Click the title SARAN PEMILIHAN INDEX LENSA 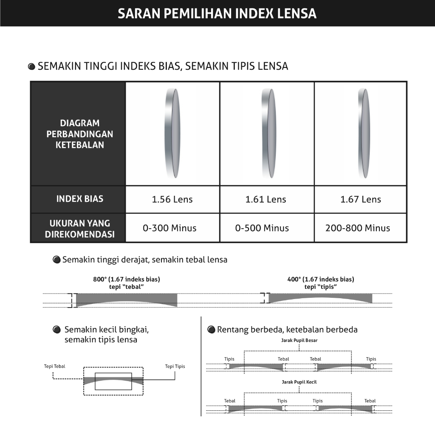217,13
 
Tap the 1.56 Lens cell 172,199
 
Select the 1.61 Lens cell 266,199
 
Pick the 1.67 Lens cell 361,199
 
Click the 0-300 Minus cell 169,228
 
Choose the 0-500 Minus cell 262,228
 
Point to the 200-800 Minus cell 358,228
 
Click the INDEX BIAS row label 80,199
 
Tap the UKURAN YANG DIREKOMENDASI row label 80,229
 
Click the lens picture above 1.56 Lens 172,133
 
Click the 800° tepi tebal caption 127,282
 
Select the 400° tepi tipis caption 321,282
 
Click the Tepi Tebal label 55,366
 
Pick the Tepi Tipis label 175,366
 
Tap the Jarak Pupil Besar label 299,340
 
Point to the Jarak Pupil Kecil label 299,382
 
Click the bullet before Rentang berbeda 211,330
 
